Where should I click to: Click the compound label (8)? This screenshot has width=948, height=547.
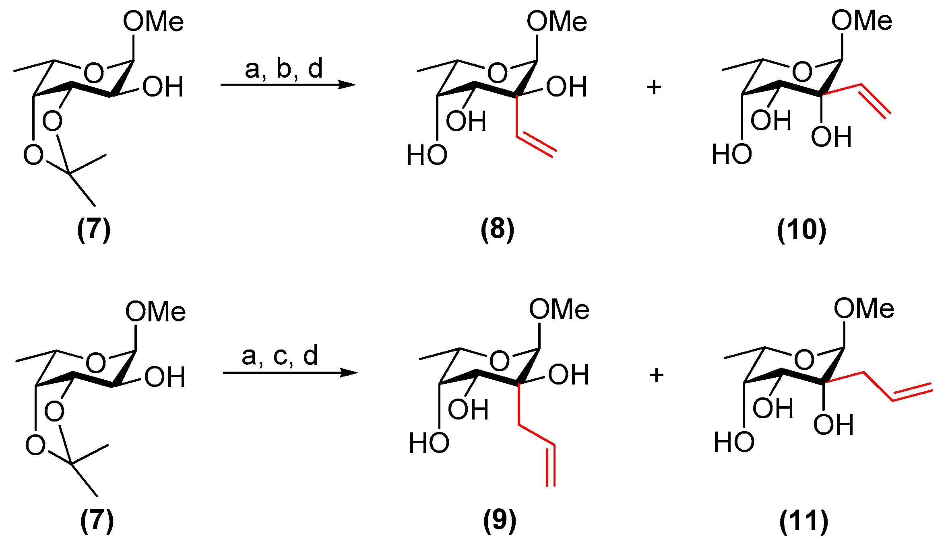497,229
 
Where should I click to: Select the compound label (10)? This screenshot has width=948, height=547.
801,230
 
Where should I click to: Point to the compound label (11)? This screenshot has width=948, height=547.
804,521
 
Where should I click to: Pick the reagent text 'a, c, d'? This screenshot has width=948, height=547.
280,356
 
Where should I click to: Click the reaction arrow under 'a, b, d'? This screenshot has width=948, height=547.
287,84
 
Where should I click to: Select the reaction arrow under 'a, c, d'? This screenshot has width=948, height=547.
290,373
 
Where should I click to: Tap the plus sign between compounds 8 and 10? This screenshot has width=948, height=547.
654,87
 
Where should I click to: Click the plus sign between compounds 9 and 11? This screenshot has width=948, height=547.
657,375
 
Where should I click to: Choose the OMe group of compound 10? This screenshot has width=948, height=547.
861,21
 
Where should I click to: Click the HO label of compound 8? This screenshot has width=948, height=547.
427,155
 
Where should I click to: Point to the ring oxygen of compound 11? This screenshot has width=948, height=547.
804,359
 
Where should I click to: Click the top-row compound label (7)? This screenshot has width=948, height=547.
94,229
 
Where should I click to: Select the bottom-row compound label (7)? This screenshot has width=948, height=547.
97,520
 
